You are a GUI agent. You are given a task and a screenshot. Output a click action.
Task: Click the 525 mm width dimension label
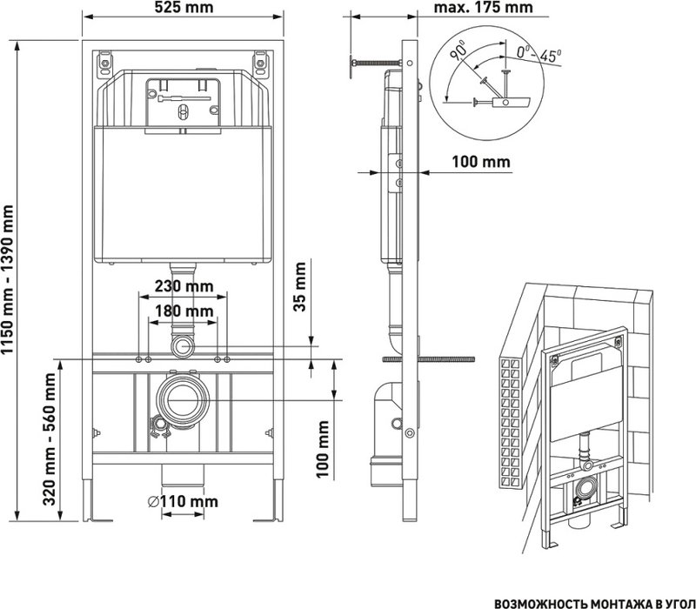183,8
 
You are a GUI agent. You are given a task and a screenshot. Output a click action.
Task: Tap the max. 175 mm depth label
483,8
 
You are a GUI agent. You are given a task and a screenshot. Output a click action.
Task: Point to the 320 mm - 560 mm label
50,439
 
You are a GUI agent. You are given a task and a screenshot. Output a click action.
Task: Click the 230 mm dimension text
184,286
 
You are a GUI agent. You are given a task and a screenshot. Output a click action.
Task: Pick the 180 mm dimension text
184,311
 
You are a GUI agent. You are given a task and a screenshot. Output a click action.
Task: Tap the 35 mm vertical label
300,287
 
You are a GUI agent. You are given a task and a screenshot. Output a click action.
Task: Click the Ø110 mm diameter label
183,502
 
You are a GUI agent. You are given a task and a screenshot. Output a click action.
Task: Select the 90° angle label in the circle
458,50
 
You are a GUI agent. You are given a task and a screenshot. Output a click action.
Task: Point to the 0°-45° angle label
539,54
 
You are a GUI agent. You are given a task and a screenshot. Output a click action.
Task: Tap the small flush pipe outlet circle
183,346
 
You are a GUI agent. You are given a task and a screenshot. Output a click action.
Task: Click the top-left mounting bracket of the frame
105,64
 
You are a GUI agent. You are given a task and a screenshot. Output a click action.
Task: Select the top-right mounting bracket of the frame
260,64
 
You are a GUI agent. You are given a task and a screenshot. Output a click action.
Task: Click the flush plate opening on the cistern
183,102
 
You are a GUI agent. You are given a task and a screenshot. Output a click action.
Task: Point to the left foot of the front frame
96,500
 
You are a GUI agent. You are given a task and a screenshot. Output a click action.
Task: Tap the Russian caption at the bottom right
594,603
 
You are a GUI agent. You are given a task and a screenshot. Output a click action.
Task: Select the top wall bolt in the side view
377,63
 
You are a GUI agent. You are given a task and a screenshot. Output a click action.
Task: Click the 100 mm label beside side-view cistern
481,162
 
